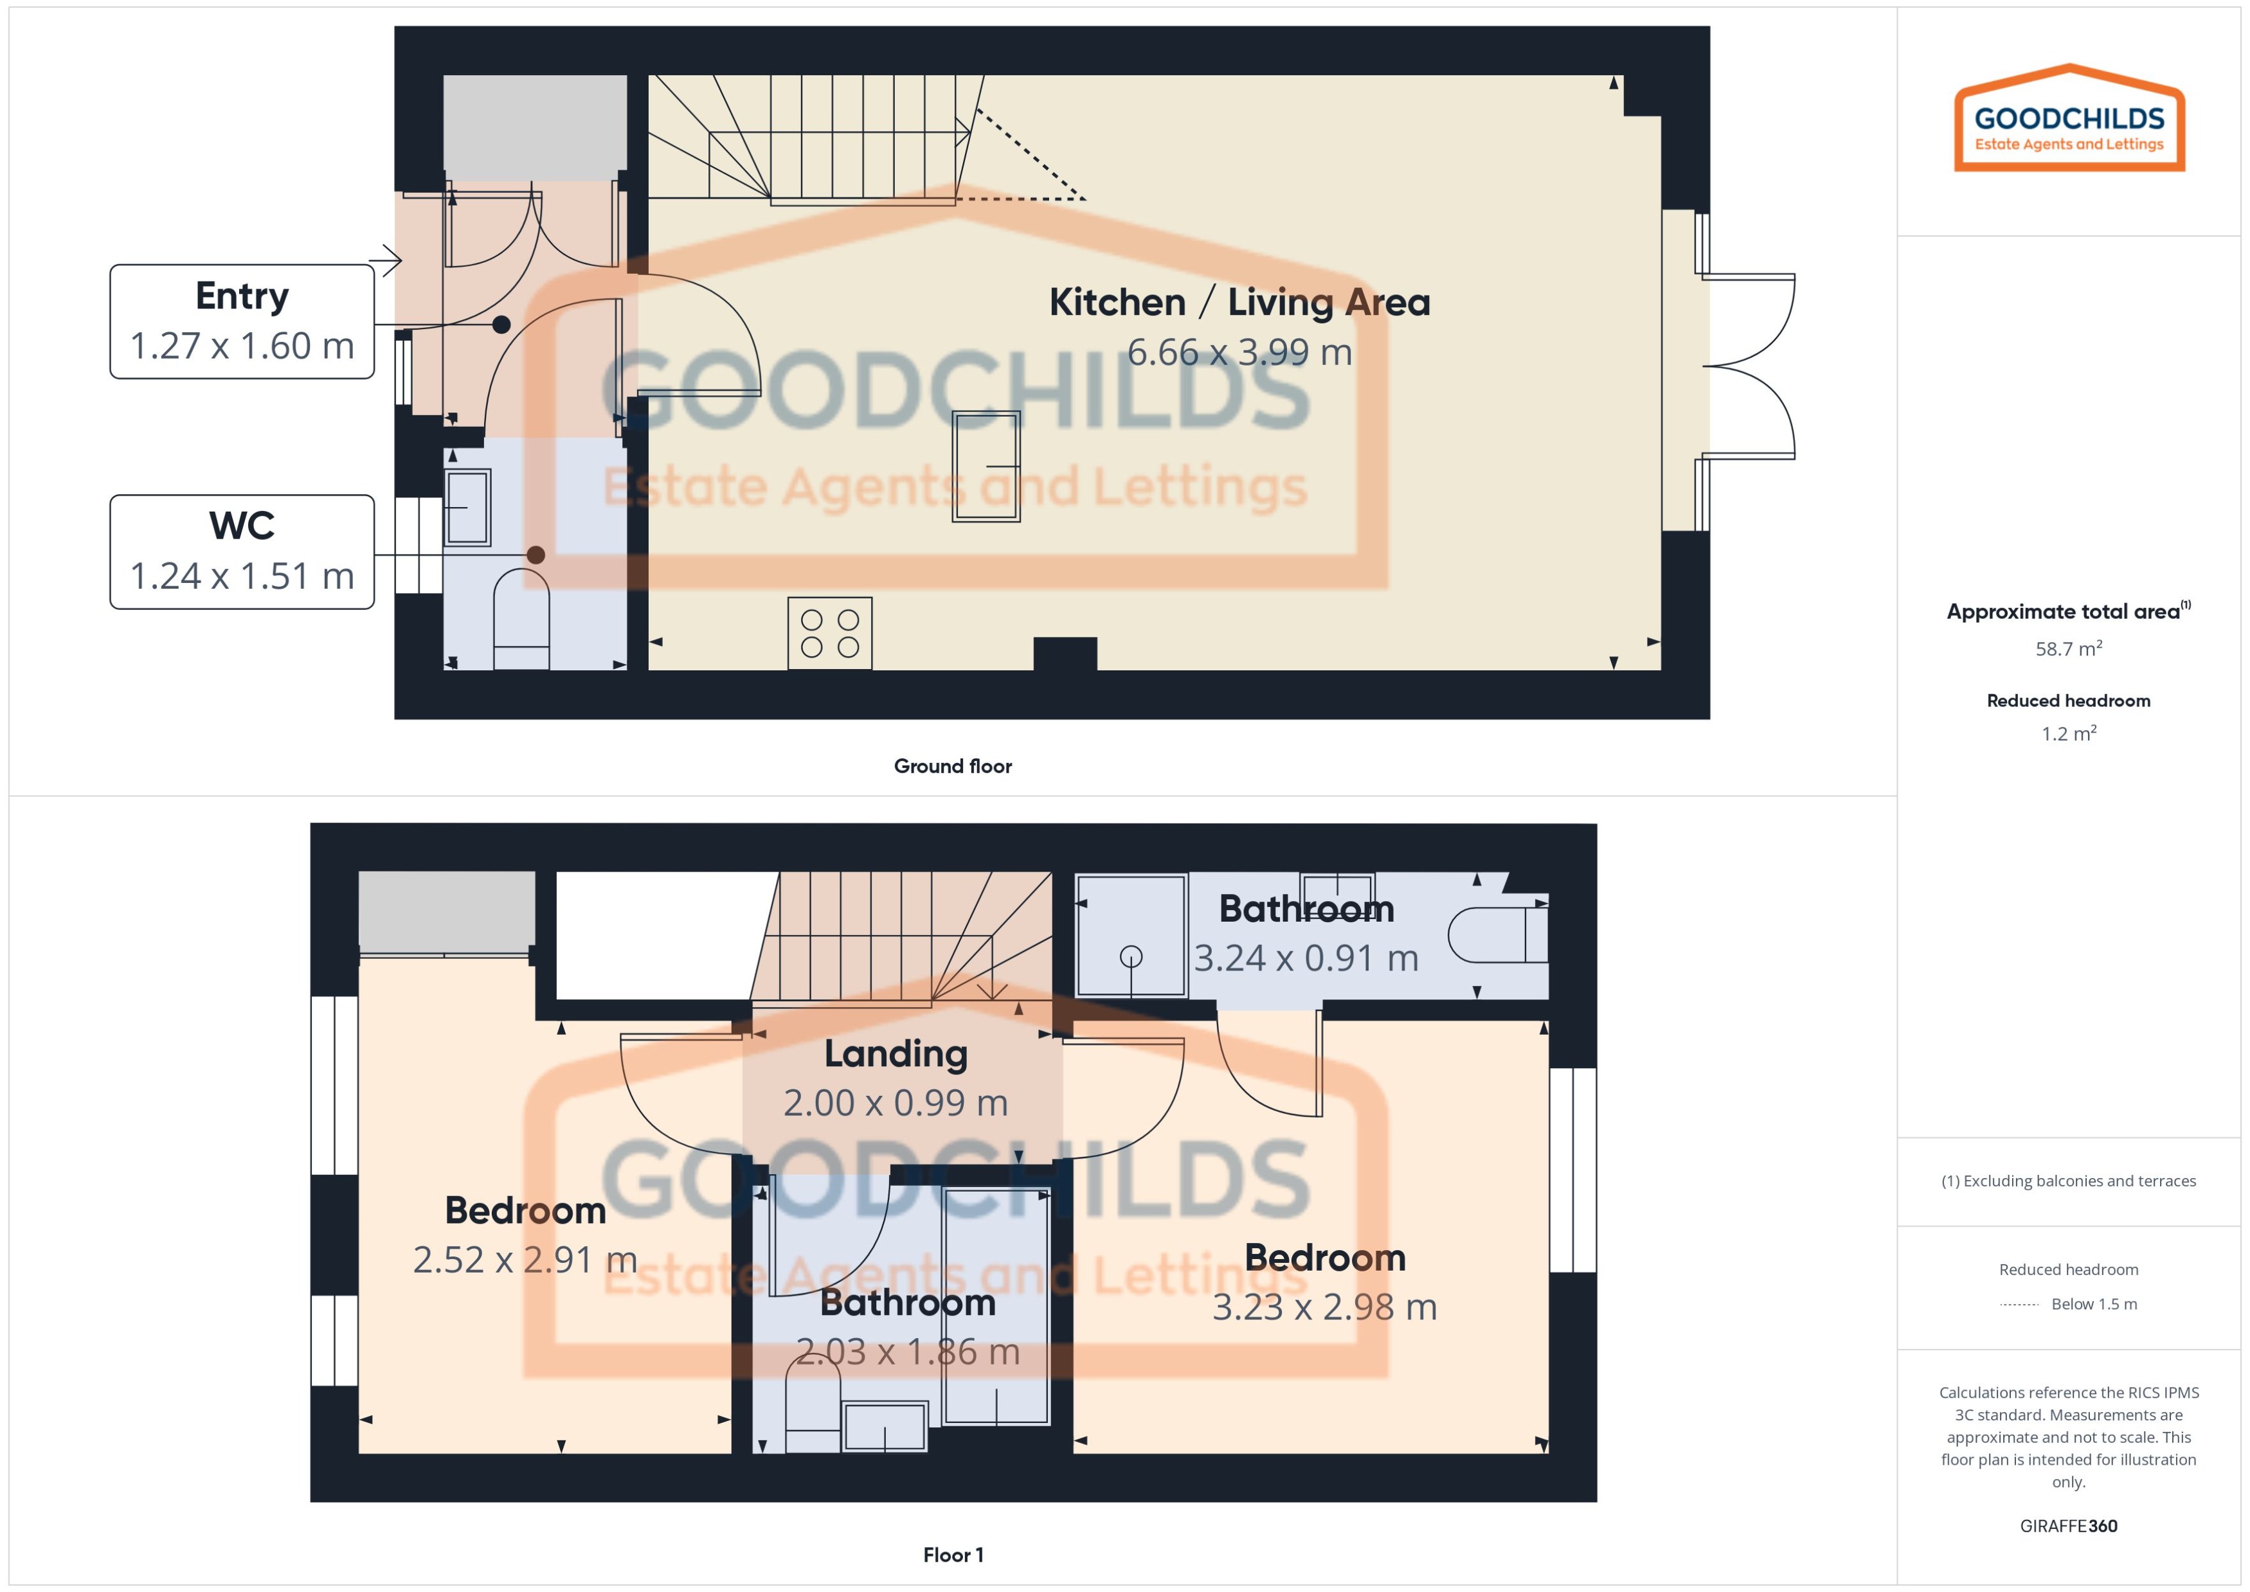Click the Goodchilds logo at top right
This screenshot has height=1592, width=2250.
pyautogui.click(x=2069, y=120)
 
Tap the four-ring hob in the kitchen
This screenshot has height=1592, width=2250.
pyautogui.click(x=829, y=633)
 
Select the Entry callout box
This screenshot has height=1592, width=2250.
pyautogui.click(x=242, y=321)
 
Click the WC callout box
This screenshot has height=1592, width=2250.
pyautogui.click(x=242, y=551)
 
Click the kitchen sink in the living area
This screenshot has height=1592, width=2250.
pyautogui.click(x=986, y=465)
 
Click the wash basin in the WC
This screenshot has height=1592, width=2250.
pyautogui.click(x=467, y=508)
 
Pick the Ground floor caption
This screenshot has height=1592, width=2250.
pyautogui.click(x=952, y=765)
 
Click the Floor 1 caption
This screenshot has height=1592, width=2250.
pyautogui.click(x=952, y=1554)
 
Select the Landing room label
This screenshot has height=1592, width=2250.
pyautogui.click(x=895, y=1054)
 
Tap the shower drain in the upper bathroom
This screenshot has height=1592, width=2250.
pyautogui.click(x=1130, y=956)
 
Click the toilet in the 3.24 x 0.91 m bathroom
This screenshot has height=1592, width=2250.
pyautogui.click(x=1495, y=935)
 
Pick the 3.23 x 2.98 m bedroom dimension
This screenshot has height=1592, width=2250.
pyautogui.click(x=1324, y=1307)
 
